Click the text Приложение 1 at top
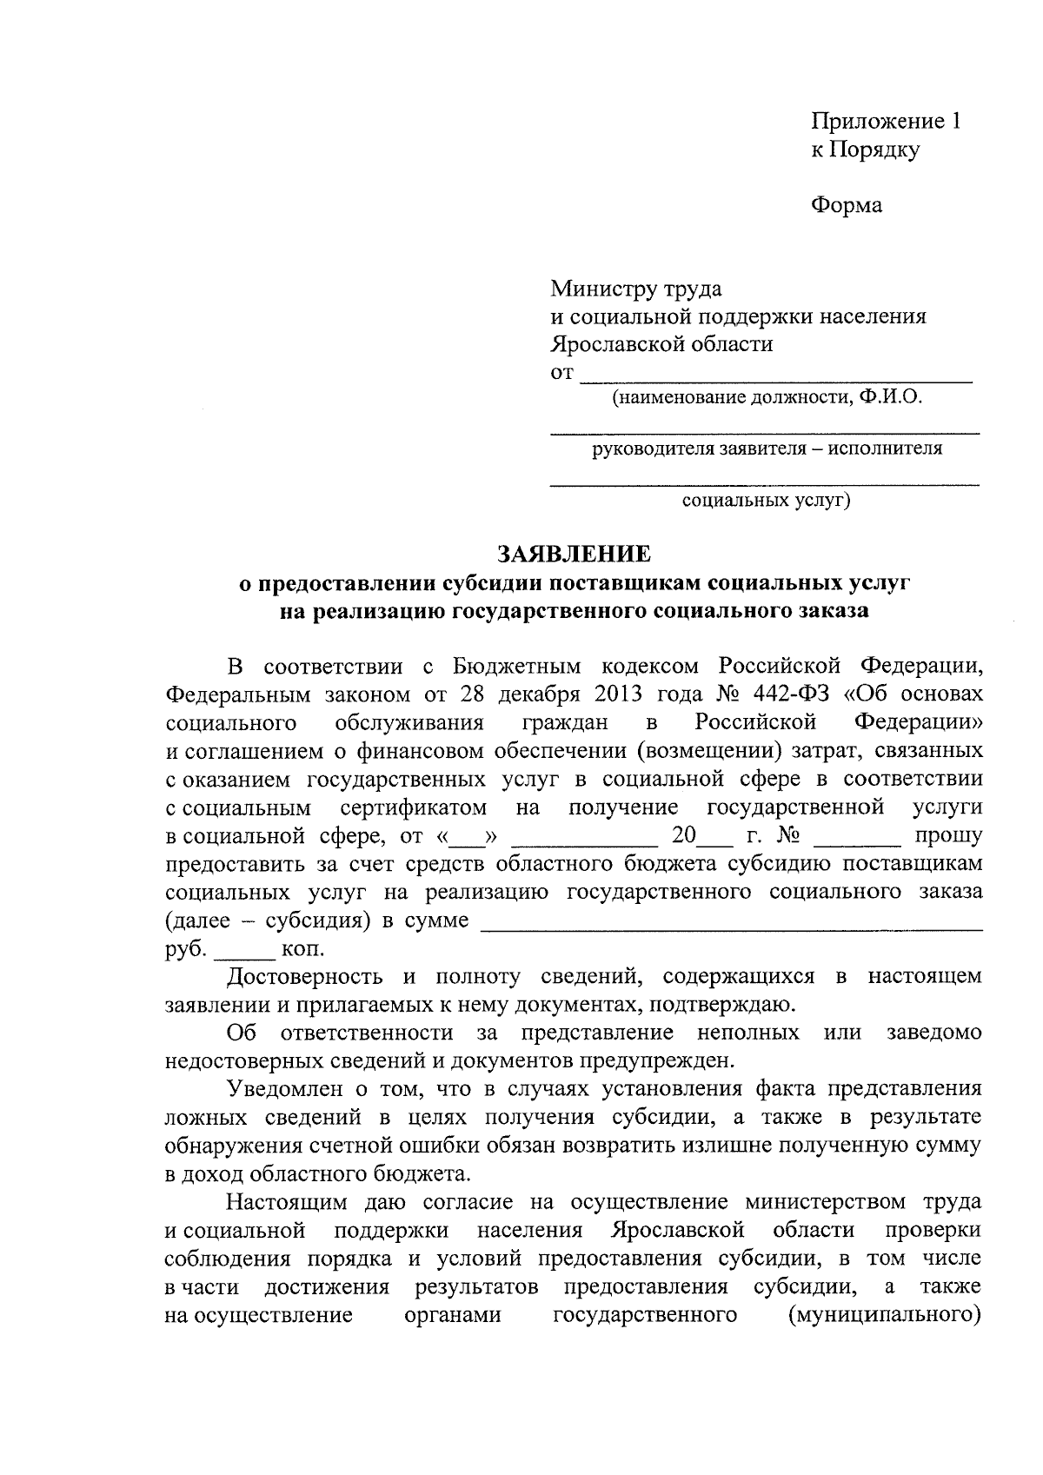[x=886, y=122]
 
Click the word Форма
[x=846, y=205]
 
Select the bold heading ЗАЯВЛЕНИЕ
[x=573, y=554]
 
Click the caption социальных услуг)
[x=766, y=502]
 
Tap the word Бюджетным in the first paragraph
[x=516, y=667]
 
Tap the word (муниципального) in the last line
[x=885, y=1314]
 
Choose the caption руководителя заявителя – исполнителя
[x=766, y=449]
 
